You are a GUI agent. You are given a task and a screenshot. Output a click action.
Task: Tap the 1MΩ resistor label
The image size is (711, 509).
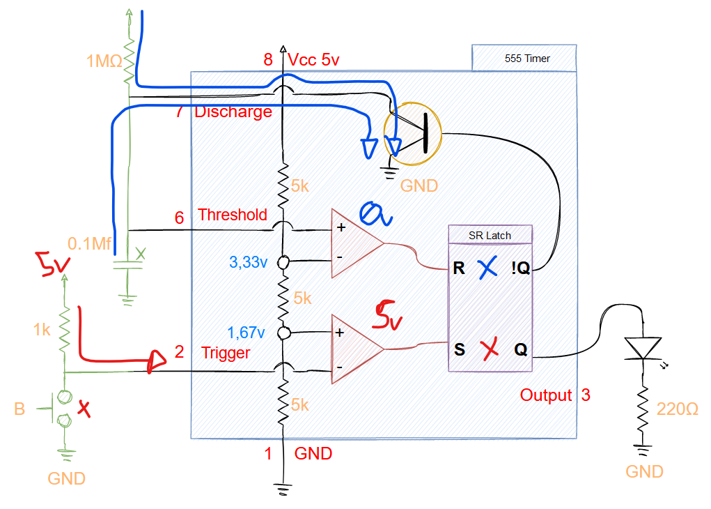click(x=104, y=62)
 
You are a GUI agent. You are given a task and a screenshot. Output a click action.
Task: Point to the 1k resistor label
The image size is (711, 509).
click(x=42, y=329)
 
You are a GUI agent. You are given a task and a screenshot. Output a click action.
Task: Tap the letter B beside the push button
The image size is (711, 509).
click(x=19, y=409)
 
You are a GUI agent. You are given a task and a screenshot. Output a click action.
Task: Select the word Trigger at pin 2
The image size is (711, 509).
click(x=226, y=353)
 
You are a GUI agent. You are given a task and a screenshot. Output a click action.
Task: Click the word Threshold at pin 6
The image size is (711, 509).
click(x=232, y=215)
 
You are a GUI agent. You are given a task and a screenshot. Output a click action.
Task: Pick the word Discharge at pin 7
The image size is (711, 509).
click(x=233, y=112)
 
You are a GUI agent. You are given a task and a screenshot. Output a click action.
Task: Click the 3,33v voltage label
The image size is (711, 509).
click(x=248, y=263)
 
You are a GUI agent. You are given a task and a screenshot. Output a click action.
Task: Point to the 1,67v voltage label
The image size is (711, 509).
click(x=248, y=332)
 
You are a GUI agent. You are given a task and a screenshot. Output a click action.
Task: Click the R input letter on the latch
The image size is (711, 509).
click(x=458, y=268)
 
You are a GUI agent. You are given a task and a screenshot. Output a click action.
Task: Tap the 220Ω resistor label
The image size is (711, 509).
click(x=678, y=409)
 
